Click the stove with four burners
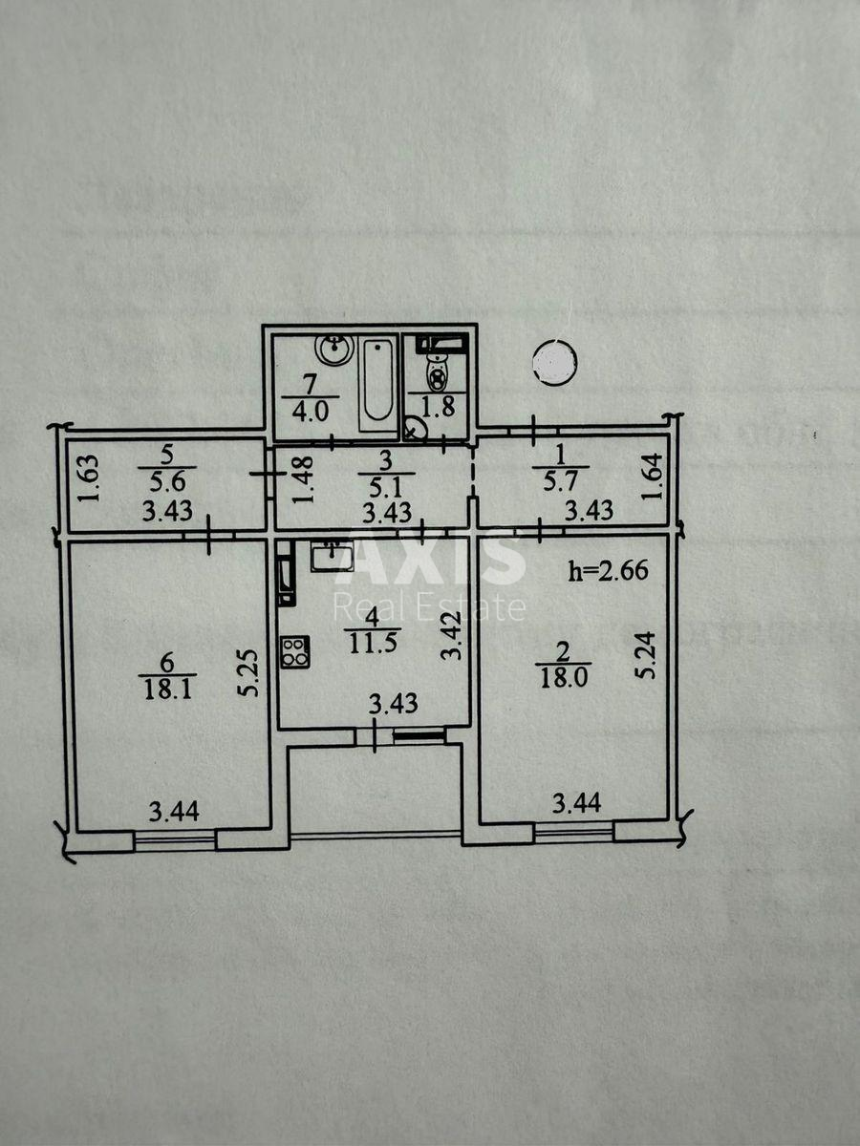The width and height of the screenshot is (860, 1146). pos(294,652)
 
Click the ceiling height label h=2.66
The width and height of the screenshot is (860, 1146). pos(608,572)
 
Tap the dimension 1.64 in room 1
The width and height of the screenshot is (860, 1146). pos(650,477)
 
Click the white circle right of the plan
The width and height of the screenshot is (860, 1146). pos(554,363)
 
